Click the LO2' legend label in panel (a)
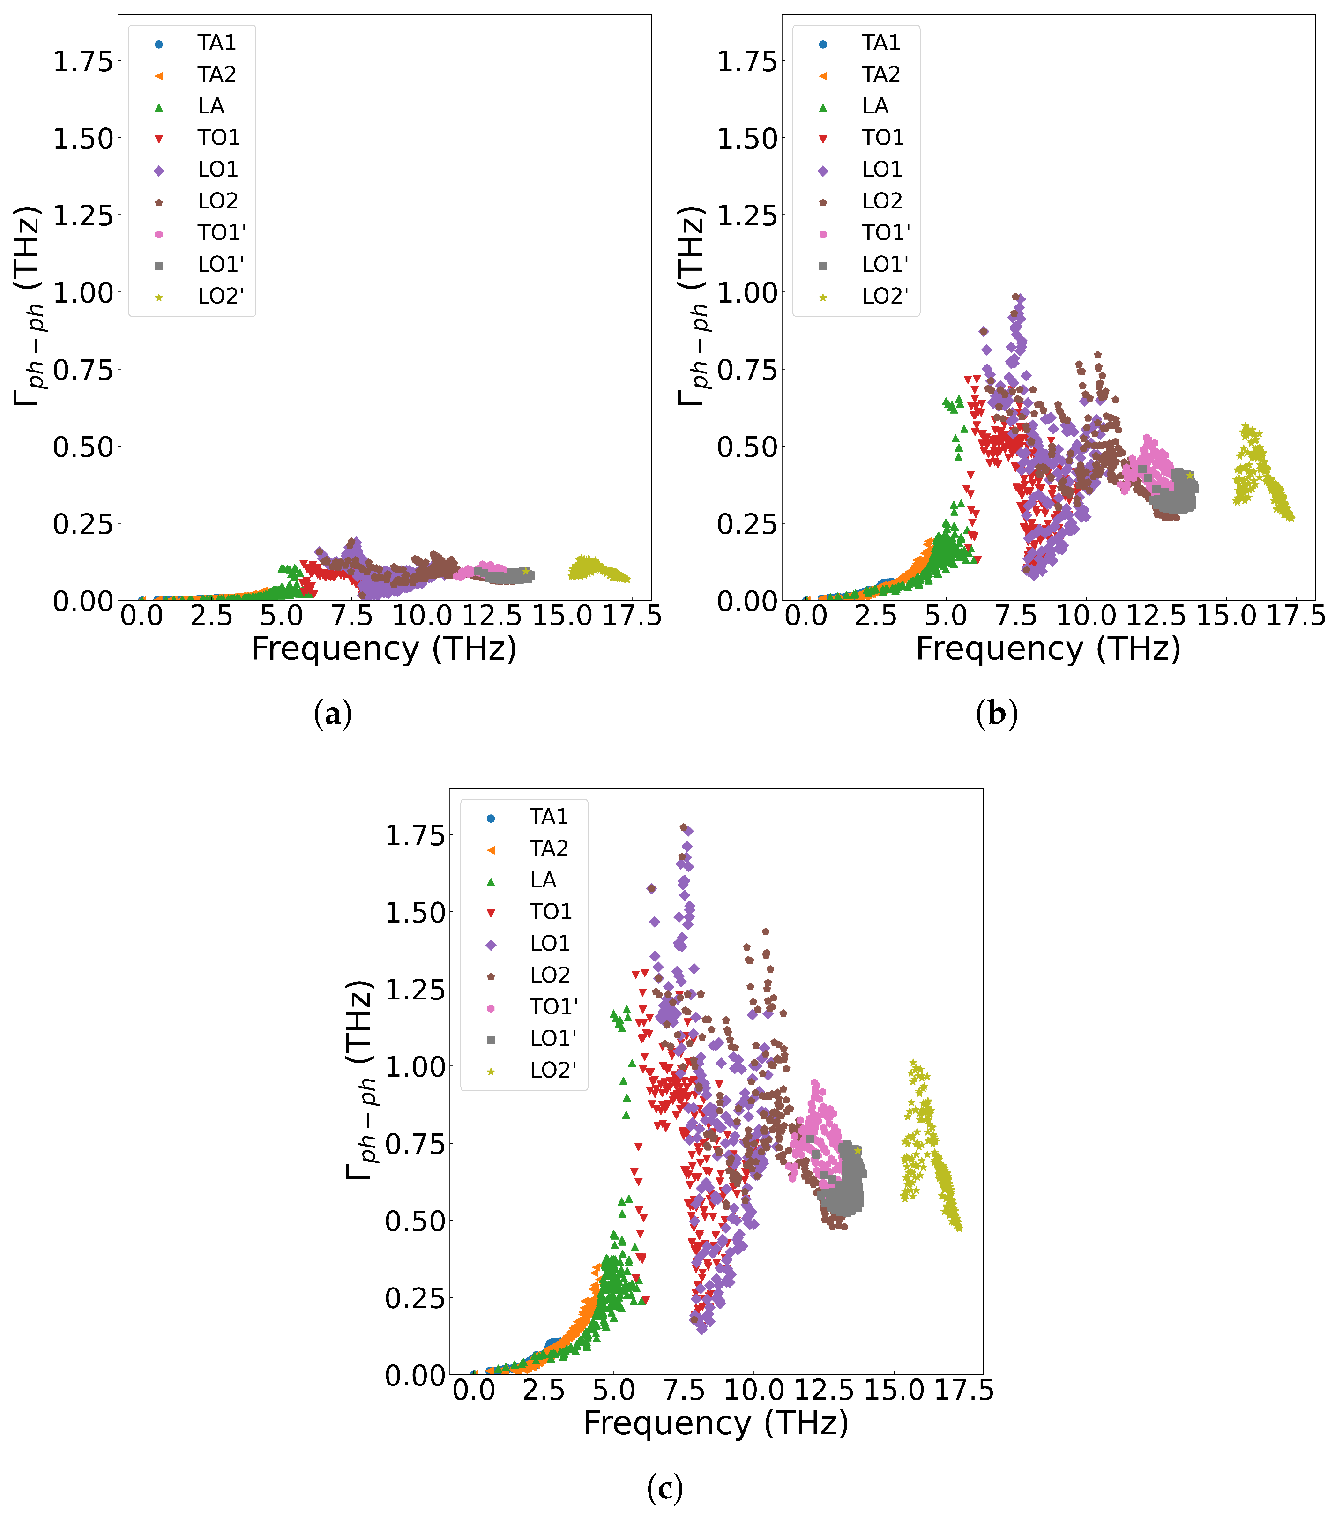(x=221, y=297)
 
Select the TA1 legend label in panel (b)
(x=881, y=43)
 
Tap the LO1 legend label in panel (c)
(x=550, y=944)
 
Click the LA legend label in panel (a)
(x=211, y=106)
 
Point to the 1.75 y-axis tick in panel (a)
(x=82, y=62)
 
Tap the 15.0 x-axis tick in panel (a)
(x=561, y=616)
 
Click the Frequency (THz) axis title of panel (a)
(x=384, y=649)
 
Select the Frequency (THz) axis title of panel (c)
(x=716, y=1423)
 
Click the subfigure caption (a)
(x=332, y=714)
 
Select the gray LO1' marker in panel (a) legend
(x=158, y=265)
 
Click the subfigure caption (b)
(x=996, y=714)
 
